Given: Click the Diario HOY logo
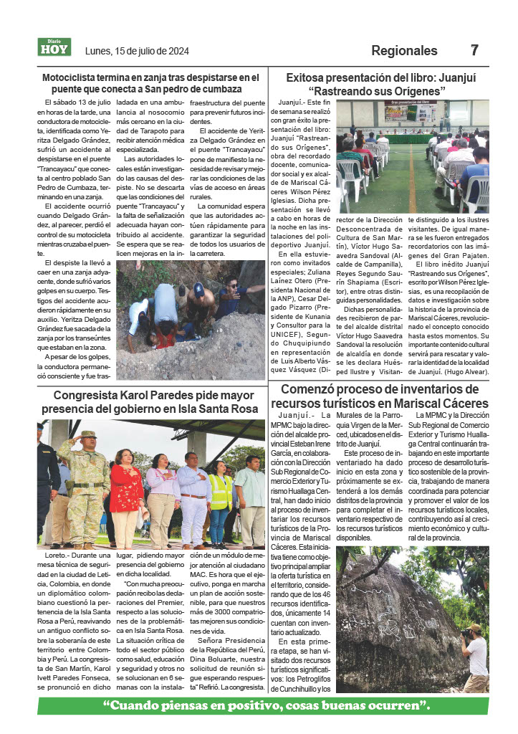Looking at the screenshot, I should pyautogui.click(x=54, y=47).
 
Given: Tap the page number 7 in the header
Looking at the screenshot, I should pyautogui.click(x=474, y=51).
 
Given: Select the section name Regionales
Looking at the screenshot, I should pyautogui.click(x=404, y=51).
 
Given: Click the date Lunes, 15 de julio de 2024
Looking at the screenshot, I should pyautogui.click(x=137, y=51).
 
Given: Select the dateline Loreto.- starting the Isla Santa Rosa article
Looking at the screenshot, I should pyautogui.click(x=54, y=556).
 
